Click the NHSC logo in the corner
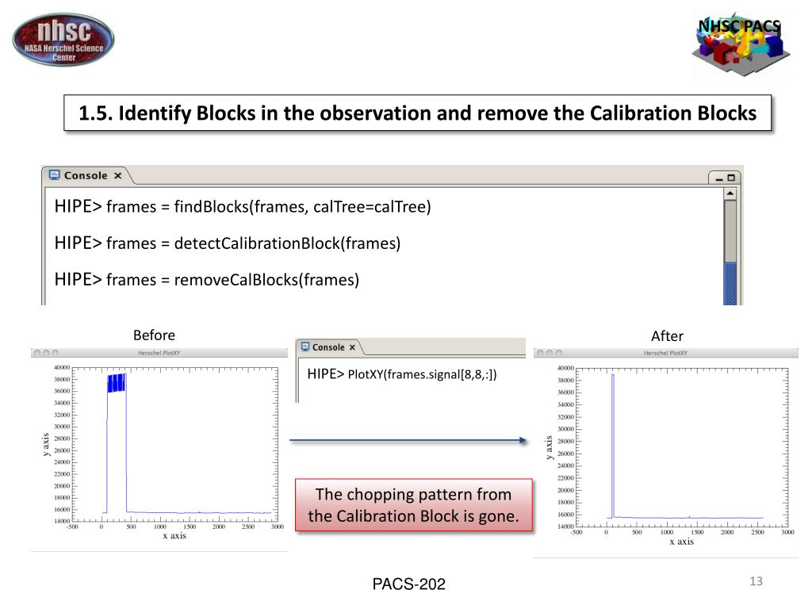click(63, 40)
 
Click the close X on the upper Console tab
click(117, 176)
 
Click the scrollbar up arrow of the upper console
click(730, 193)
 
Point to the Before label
click(154, 335)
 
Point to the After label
click(667, 335)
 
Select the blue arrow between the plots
click(408, 441)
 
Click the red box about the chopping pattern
click(413, 505)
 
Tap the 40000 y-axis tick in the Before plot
click(60, 368)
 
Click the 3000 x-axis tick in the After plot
click(787, 532)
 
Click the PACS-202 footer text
click(409, 584)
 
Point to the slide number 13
click(755, 582)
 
